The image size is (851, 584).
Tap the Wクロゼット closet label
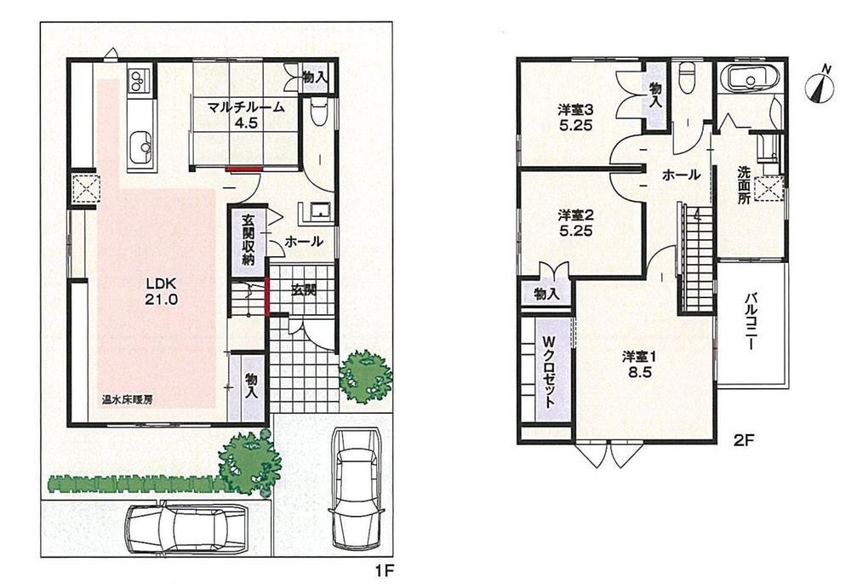pyautogui.click(x=544, y=373)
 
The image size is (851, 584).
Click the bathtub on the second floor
pyautogui.click(x=750, y=81)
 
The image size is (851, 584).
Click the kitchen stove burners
pyautogui.click(x=137, y=81)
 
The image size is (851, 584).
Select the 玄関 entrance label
pyautogui.click(x=304, y=289)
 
